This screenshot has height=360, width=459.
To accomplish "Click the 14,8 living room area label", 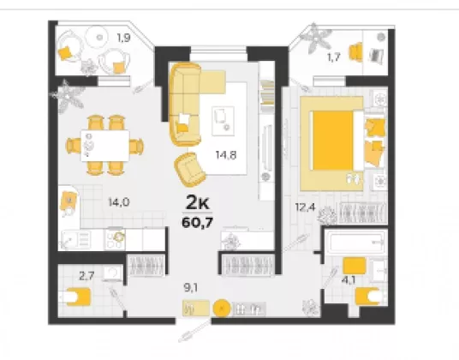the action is click(226, 154).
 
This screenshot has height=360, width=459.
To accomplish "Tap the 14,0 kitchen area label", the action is click(119, 201).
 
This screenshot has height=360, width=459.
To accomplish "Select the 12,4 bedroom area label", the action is click(305, 207).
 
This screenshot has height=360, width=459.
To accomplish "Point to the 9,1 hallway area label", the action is click(191, 288).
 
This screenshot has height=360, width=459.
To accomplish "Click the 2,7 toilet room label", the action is click(86, 276).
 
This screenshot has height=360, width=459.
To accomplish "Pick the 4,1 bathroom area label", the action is click(349, 280).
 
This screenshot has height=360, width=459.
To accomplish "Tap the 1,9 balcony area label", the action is click(123, 38).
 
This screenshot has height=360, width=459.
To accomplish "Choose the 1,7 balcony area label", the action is click(333, 57).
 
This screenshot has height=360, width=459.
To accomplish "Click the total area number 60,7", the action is click(197, 223).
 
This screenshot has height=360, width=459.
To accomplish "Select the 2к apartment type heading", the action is click(198, 203).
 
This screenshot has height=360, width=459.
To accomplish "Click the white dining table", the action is click(105, 146).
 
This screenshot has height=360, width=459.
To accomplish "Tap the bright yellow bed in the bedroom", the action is click(333, 141).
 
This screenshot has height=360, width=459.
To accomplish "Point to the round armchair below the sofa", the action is click(190, 170).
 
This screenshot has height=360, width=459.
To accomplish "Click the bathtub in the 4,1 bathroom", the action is click(357, 243).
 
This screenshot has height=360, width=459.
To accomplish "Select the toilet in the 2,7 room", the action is click(77, 297).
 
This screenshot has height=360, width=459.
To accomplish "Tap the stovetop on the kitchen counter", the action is click(115, 239).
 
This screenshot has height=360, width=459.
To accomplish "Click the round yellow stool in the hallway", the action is click(222, 309).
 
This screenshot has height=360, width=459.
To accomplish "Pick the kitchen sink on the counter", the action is click(75, 239).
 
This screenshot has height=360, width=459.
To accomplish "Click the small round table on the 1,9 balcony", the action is click(98, 38).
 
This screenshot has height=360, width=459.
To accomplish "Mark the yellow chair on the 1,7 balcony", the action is click(356, 52).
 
